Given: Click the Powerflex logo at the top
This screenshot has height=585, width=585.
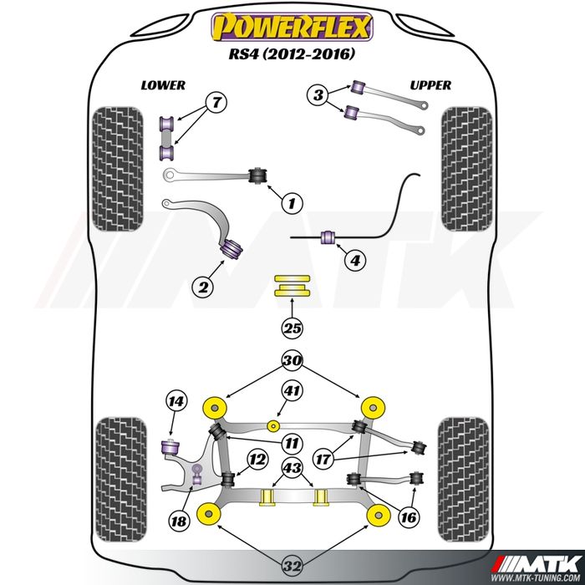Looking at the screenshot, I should click(292, 28).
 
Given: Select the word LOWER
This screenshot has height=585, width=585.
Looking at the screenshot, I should click(163, 85).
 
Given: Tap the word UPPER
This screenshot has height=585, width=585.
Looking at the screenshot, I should click(430, 85).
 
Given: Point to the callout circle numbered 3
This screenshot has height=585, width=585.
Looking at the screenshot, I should click(318, 96).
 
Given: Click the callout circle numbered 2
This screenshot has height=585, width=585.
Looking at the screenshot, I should click(201, 287).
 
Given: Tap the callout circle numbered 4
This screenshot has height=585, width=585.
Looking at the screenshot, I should click(355, 261).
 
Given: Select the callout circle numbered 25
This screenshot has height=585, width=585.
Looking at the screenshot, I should click(292, 328).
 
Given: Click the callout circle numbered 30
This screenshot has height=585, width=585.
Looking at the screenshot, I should click(292, 362).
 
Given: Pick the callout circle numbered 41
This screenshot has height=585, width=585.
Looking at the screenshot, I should click(292, 390).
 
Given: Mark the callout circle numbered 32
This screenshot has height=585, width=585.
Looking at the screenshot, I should click(292, 567).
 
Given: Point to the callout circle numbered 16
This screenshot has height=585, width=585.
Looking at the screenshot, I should click(407, 517).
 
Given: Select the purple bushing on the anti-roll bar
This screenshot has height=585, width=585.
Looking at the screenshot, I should click(328, 239).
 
